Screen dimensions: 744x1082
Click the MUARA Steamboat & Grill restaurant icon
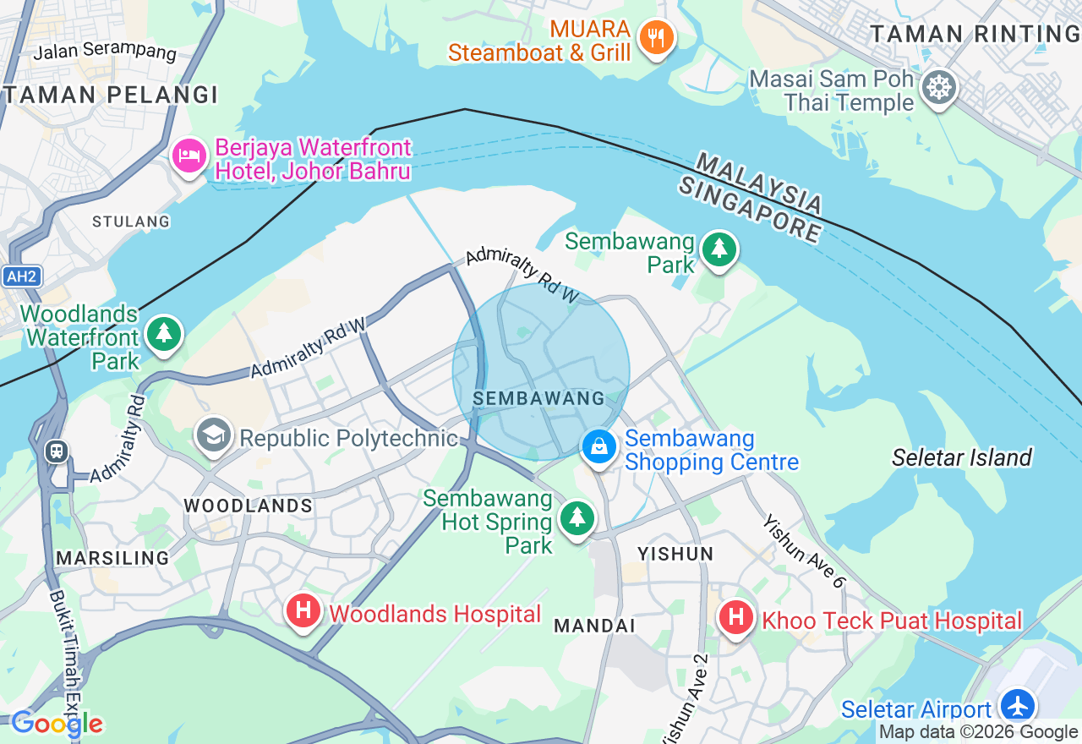pos(656,37)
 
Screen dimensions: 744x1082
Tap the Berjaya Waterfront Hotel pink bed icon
pos(189,156)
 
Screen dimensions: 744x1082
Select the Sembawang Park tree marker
pos(719,249)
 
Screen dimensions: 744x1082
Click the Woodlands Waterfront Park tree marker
pos(164,333)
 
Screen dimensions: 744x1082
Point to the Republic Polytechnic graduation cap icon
pos(214,435)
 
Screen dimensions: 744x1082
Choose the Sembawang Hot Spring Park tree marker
pos(577,516)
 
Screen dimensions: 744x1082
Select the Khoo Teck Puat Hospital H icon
pos(735,617)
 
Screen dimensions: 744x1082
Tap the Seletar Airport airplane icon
pos(1017,705)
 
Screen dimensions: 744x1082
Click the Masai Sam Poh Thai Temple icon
pos(938,88)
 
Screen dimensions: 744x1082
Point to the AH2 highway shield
pos(21,276)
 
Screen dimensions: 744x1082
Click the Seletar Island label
pos(962,457)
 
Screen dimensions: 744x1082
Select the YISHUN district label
pos(675,554)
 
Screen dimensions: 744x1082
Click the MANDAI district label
pos(594,626)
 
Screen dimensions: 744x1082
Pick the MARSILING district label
pos(112,558)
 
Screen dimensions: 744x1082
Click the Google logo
pos(56,724)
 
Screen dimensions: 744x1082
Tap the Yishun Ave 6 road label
pos(804,551)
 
